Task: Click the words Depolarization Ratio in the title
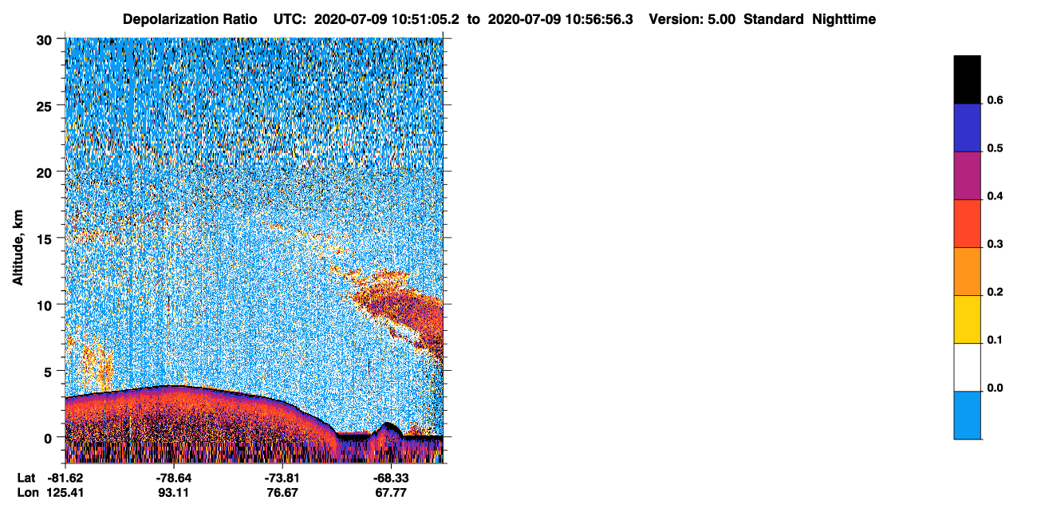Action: click(190, 19)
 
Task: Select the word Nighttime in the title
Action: click(843, 19)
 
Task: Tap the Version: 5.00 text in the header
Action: click(692, 19)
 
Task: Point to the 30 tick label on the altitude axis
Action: click(44, 41)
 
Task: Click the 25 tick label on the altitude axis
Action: click(44, 107)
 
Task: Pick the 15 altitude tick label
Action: click(44, 240)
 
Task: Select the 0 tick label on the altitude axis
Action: click(48, 439)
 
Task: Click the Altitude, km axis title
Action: click(18, 248)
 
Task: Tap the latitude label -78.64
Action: click(174, 479)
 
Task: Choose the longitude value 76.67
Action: click(282, 493)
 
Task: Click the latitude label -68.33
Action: click(391, 479)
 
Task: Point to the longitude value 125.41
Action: click(65, 493)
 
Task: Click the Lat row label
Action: click(26, 479)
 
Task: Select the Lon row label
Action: click(28, 493)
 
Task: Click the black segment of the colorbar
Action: click(967, 80)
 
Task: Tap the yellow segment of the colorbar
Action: click(967, 320)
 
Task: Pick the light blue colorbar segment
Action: click(967, 416)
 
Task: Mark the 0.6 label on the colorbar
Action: click(995, 100)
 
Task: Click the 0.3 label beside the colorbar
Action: click(995, 245)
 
